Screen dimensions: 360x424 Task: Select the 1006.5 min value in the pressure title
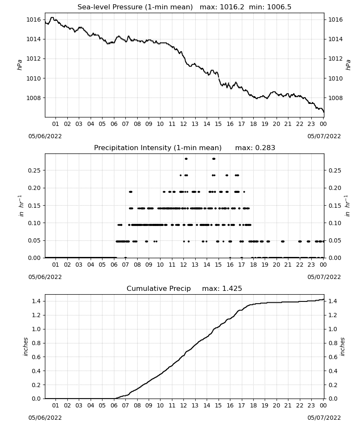coord(279,7)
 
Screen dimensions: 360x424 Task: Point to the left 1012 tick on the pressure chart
coord(33,59)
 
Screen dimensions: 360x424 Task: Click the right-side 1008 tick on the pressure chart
coord(335,98)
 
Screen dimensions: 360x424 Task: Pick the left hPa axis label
coord(19,65)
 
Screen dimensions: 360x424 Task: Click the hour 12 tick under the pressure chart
coord(183,124)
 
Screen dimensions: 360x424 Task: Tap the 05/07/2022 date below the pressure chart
coord(324,136)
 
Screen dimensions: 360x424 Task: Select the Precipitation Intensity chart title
coord(158,148)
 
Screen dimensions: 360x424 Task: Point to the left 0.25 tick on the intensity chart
coord(34,170)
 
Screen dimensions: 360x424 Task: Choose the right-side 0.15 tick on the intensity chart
coord(335,206)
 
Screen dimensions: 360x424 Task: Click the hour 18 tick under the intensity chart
coord(253,265)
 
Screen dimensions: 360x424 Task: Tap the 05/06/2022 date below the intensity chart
coord(45,277)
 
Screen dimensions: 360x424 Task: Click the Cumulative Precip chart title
coord(159,288)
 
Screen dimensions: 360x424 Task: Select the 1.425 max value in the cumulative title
coord(232,288)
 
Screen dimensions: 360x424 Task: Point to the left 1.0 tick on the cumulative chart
coord(36,329)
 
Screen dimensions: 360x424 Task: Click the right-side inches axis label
coord(342,347)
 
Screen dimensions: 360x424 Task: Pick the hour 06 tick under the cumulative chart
coord(114,405)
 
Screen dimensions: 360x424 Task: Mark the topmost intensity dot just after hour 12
coord(186,159)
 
